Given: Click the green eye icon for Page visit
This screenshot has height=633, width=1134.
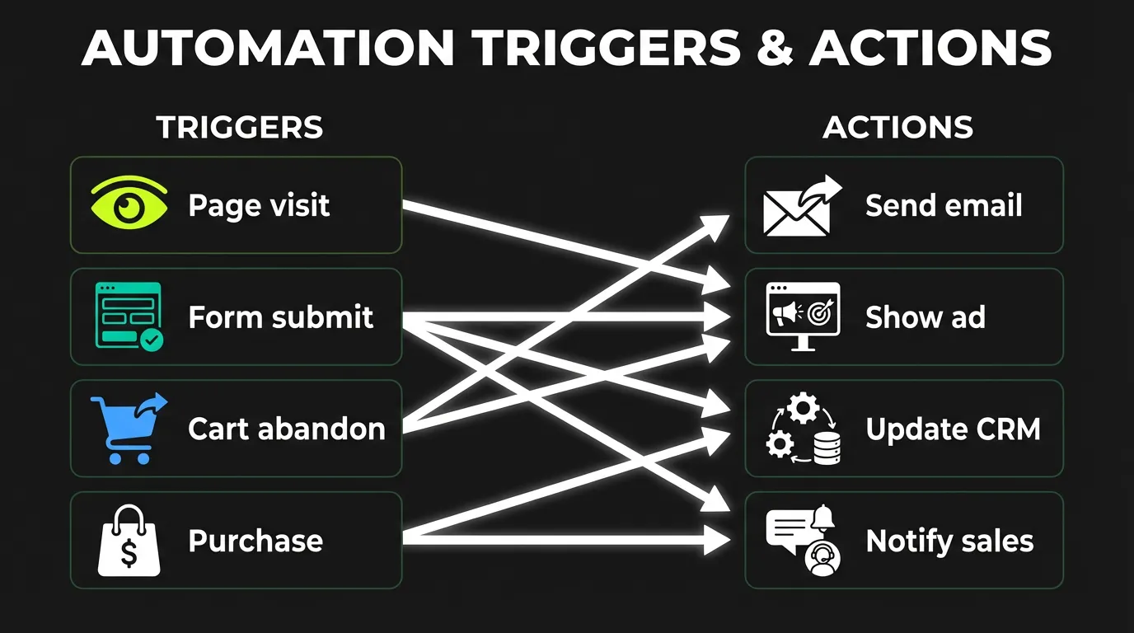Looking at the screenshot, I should point(129,205).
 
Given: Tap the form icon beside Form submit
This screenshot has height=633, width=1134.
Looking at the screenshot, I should point(129,316).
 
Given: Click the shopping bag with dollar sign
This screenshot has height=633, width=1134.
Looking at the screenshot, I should point(128,541).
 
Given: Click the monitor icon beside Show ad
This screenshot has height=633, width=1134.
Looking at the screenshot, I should point(803,316).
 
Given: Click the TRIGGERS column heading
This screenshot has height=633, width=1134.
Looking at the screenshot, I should point(239,128).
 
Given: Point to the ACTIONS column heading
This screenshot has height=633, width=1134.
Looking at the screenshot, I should point(897,128).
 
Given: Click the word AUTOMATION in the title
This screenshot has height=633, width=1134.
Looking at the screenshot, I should point(268,49).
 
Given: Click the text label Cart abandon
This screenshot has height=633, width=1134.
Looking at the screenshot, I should point(286,429).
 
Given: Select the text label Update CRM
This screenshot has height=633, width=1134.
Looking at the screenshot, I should point(953,429).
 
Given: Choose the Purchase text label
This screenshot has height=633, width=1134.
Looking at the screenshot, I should point(255,541).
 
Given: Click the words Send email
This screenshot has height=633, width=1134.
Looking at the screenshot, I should point(944,205).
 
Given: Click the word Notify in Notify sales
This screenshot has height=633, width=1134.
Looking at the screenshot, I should point(906,541).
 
